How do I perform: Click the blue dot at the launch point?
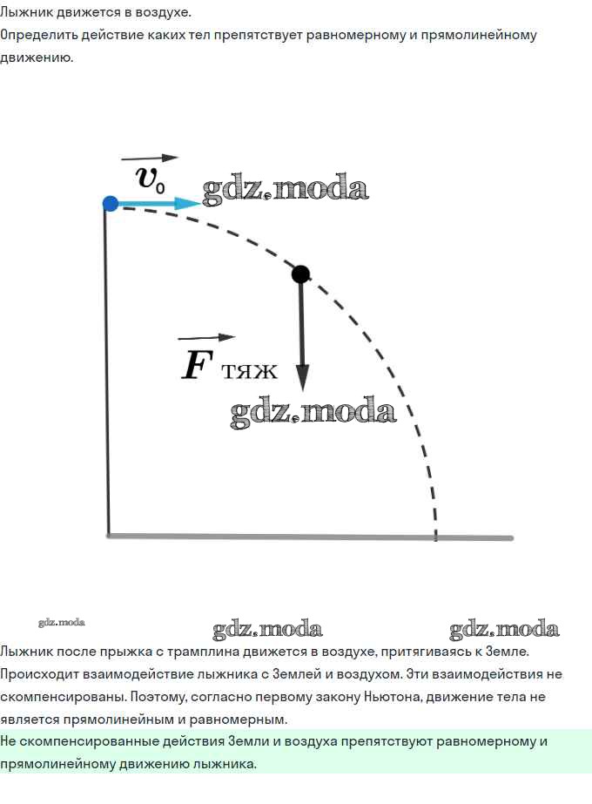[111, 204]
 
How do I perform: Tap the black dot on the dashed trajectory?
[301, 274]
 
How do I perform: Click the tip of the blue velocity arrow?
[199, 204]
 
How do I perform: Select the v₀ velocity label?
[151, 179]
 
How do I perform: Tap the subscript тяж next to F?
[250, 371]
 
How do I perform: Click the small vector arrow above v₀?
[150, 158]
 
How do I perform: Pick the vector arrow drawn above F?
[206, 337]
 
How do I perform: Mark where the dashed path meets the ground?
[435, 537]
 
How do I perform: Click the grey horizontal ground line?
[310, 537]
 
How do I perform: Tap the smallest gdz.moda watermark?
[62, 623]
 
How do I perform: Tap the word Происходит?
[39, 674]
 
